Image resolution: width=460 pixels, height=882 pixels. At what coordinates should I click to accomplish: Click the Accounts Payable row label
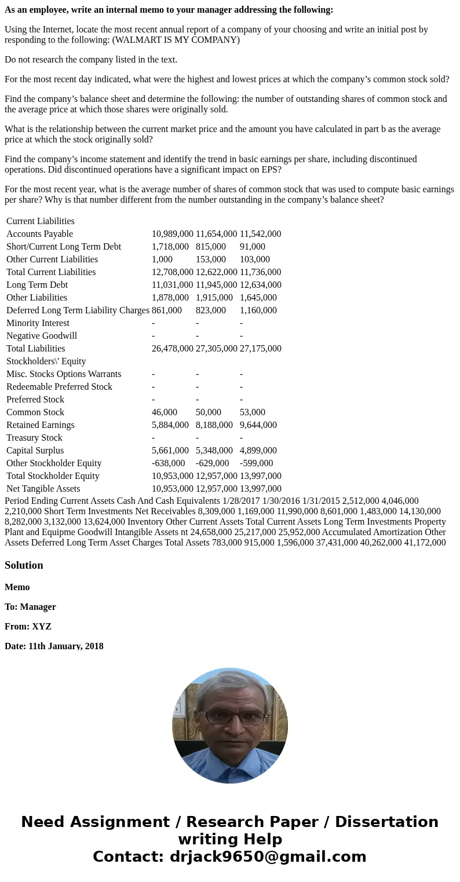pyautogui.click(x=39, y=234)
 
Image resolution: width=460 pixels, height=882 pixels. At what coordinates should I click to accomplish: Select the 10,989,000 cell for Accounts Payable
pyautogui.click(x=172, y=234)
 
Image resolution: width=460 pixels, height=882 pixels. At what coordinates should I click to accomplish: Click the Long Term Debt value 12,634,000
pyautogui.click(x=260, y=285)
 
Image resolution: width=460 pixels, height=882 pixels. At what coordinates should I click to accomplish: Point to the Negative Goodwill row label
pyautogui.click(x=41, y=336)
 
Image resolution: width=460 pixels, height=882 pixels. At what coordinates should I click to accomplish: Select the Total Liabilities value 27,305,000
pyautogui.click(x=216, y=349)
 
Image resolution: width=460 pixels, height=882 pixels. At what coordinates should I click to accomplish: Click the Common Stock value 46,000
pyautogui.click(x=165, y=412)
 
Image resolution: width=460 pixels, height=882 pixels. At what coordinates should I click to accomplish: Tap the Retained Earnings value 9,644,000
pyautogui.click(x=258, y=425)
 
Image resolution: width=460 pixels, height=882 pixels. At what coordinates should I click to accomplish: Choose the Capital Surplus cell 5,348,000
pyautogui.click(x=214, y=451)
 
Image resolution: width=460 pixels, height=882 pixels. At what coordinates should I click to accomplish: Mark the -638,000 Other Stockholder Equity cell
pyautogui.click(x=168, y=463)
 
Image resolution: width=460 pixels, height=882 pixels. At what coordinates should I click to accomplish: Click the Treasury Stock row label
pyautogui.click(x=34, y=438)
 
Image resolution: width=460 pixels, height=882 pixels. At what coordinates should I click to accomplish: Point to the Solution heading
pyautogui.click(x=24, y=565)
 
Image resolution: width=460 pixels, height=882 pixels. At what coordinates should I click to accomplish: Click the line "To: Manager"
pyautogui.click(x=30, y=607)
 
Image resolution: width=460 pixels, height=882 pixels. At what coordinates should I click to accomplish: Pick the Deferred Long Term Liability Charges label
pyautogui.click(x=78, y=310)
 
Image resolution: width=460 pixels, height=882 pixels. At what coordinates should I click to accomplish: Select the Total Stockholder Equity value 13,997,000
pyautogui.click(x=260, y=476)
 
